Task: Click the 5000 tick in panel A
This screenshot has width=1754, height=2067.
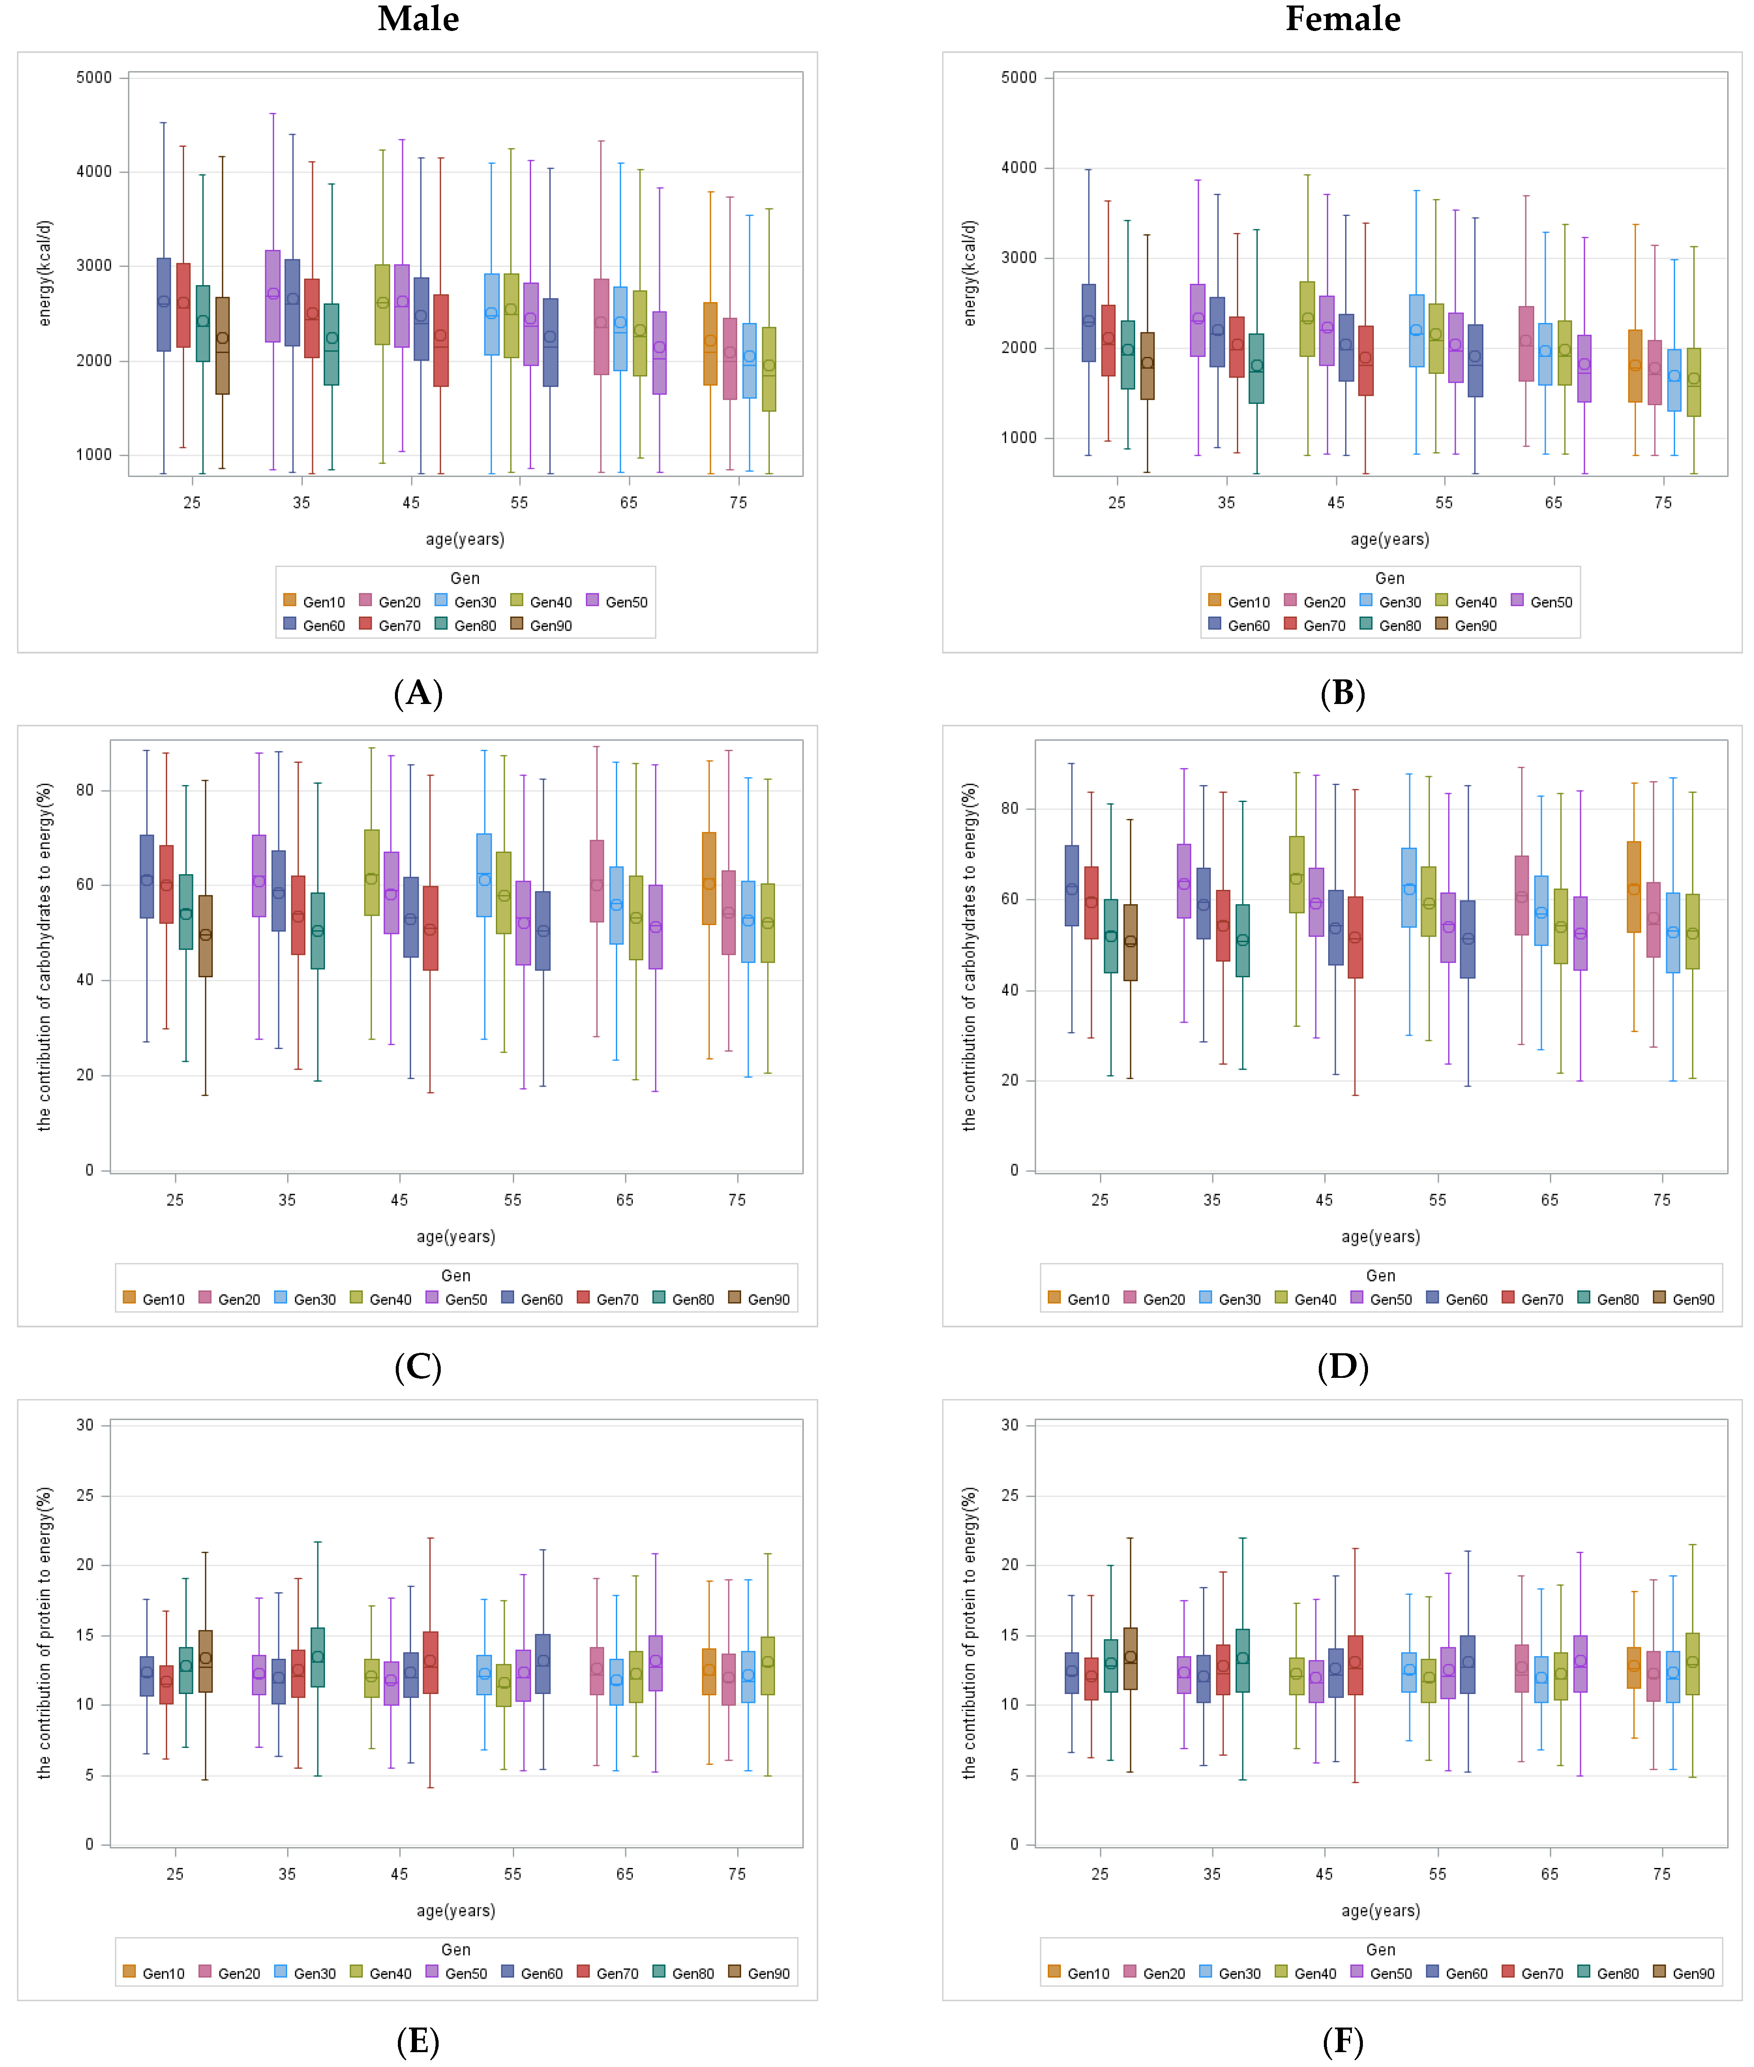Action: click(95, 78)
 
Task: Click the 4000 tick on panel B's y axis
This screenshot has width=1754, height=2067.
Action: click(1019, 168)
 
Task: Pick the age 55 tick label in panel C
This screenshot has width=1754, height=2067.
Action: click(512, 1200)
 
